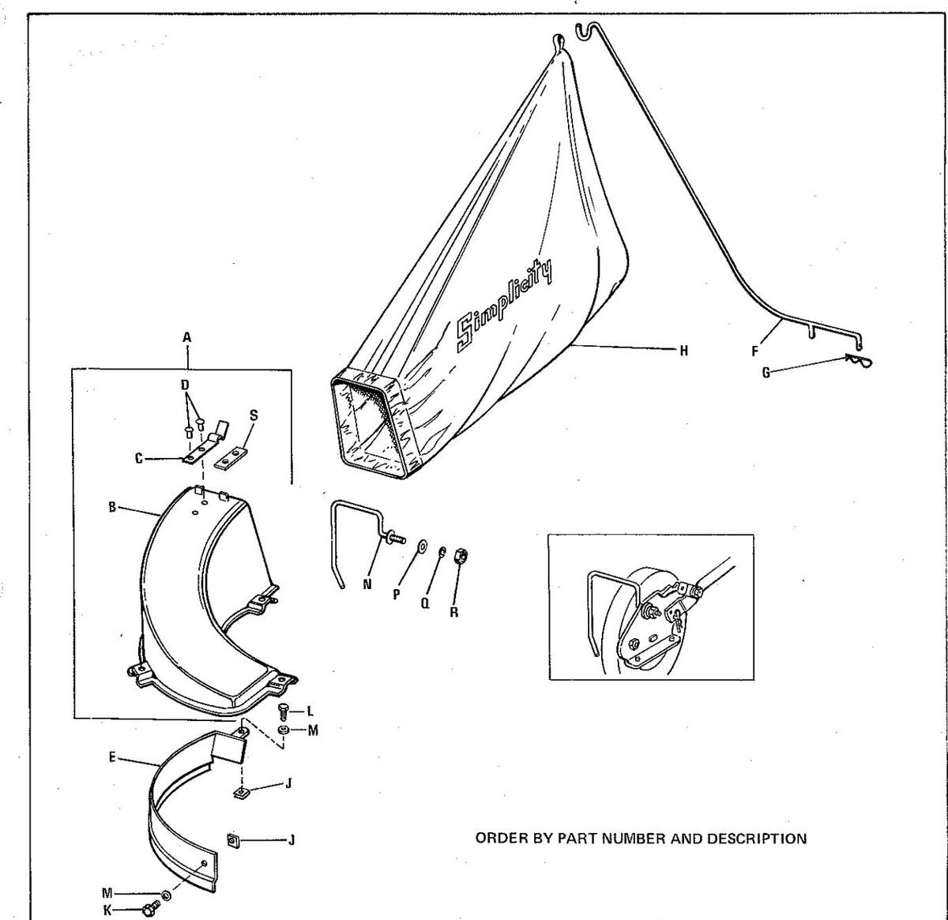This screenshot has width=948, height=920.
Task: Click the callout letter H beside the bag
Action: coord(684,350)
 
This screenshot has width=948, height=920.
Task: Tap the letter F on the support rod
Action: coord(754,351)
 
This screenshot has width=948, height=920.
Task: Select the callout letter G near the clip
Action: coord(766,373)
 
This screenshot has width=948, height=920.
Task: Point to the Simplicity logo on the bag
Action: coord(503,303)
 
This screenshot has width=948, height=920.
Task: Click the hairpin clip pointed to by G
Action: coord(855,360)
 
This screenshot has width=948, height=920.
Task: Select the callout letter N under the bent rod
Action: coord(367,585)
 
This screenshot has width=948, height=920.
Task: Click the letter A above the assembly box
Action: coord(187,337)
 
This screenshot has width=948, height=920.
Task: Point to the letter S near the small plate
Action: coord(253,415)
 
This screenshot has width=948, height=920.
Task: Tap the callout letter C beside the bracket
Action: coord(138,458)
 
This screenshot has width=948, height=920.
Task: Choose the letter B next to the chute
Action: coord(113,507)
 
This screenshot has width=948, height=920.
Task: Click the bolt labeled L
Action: coord(285,709)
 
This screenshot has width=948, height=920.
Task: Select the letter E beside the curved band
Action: coord(113,757)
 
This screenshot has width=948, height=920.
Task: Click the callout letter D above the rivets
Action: coord(185,385)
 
